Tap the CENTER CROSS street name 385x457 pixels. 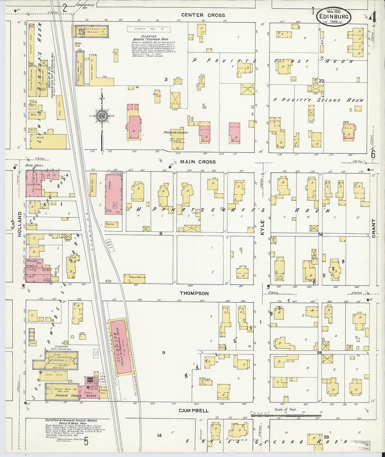pos(203,15)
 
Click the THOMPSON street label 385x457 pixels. pos(194,293)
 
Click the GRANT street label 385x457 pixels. pos(373,228)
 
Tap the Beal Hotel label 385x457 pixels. pos(31,165)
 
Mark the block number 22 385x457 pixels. pos(321,81)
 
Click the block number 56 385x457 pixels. pos(320,234)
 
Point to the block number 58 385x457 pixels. pos(319,353)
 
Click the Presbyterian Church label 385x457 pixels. pos(175,133)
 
